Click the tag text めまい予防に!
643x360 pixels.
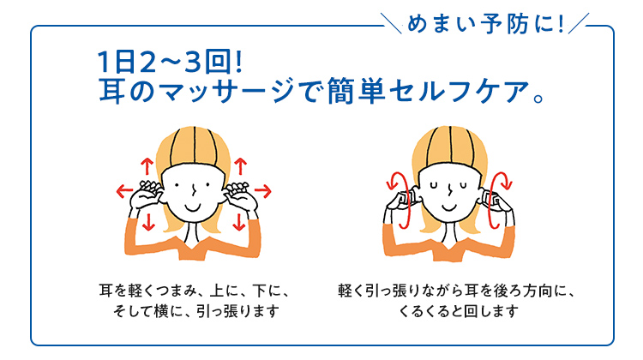tap(486, 24)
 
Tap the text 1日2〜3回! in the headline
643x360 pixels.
tap(171, 62)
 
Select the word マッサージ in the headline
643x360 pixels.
tap(226, 91)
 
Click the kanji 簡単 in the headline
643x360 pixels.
tap(356, 91)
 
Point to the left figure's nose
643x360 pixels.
tap(194, 189)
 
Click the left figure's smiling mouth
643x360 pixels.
tap(192, 207)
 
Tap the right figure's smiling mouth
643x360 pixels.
tap(449, 207)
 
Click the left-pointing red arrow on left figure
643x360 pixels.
tap(124, 190)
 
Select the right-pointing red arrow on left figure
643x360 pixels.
tap(263, 190)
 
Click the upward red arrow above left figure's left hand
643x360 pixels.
tap(147, 166)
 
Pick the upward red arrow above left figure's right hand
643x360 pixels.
tap(240, 166)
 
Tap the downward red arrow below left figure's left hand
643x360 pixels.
tap(148, 221)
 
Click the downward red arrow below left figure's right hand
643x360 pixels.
tap(238, 221)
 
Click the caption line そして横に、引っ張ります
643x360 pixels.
tap(196, 311)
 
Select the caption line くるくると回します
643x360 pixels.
tap(458, 311)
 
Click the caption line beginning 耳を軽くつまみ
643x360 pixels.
tap(195, 291)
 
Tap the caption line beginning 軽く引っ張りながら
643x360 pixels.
tap(457, 291)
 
